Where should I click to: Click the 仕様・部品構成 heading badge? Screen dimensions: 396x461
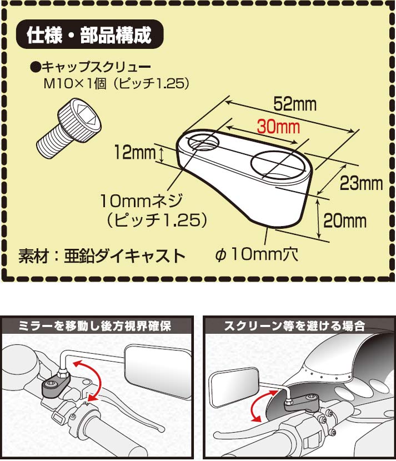tap(89, 34)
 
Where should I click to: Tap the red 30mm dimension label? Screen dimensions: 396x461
tap(278, 127)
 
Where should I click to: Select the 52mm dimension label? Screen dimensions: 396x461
tap(295, 104)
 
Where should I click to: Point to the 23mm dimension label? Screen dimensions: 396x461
tap(362, 183)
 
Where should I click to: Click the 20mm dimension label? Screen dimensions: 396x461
tap(345, 221)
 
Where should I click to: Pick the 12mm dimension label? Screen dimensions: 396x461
tap(134, 152)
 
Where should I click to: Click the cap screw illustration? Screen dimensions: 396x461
tap(69, 127)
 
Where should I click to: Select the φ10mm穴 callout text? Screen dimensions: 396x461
tap(257, 254)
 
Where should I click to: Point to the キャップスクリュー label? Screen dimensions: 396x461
tap(91, 67)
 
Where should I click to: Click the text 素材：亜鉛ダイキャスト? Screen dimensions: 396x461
tap(102, 256)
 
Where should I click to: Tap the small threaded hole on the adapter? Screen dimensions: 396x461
tap(204, 141)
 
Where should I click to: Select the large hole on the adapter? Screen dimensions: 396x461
tap(276, 164)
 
